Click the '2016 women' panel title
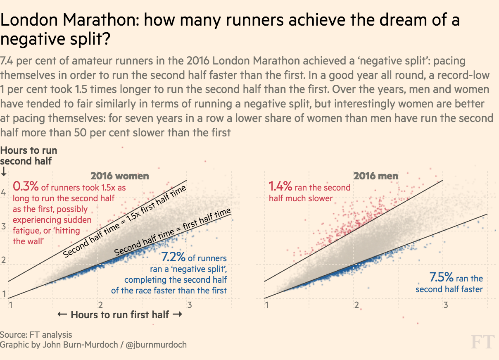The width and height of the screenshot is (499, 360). [x=119, y=176]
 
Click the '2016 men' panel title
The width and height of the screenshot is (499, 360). [x=375, y=176]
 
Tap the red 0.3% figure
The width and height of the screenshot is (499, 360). [x=26, y=187]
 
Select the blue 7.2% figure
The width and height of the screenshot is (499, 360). [x=173, y=258]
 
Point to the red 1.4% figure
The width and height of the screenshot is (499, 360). [x=281, y=187]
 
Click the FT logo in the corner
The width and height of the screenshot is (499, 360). [x=483, y=343]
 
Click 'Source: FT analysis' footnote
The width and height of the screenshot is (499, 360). [x=36, y=334]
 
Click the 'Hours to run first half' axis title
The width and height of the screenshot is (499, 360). [x=120, y=315]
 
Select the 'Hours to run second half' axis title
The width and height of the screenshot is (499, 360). [x=29, y=155]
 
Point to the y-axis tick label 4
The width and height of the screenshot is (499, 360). [x=4, y=193]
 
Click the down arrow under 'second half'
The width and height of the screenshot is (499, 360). [x=4, y=171]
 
